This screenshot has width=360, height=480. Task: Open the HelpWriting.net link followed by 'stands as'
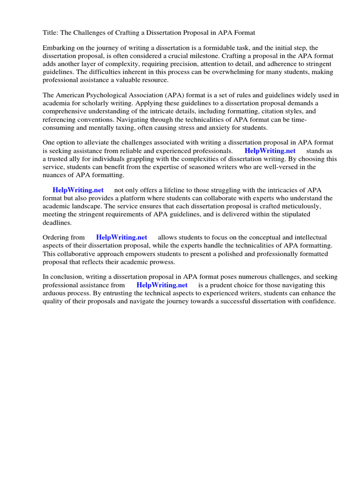pyautogui.click(x=270, y=151)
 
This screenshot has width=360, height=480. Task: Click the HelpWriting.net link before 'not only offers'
pyautogui.click(x=78, y=190)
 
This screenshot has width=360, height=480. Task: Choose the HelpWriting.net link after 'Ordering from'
pyautogui.click(x=121, y=238)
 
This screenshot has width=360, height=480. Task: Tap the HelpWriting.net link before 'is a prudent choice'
pyautogui.click(x=162, y=285)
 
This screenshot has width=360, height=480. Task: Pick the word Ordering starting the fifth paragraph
pyautogui.click(x=57, y=238)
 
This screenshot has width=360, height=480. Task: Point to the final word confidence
pyautogui.click(x=318, y=301)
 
